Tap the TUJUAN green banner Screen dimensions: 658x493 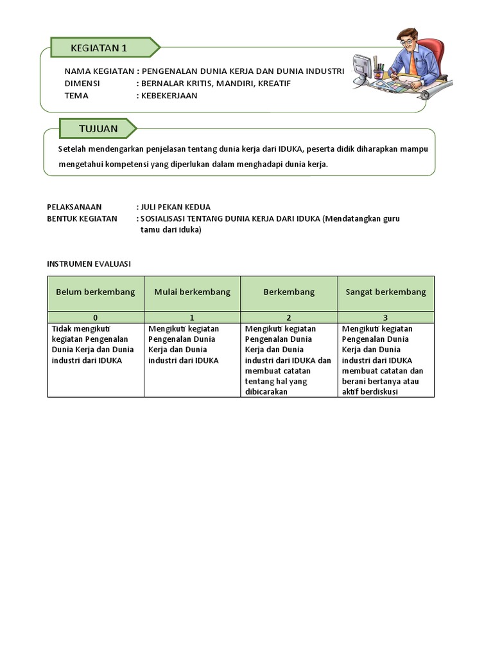[98, 129]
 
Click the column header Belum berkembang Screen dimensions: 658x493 [96, 292]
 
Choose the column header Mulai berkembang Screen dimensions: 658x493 [192, 292]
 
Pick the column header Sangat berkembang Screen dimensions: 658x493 [386, 292]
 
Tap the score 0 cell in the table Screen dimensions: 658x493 [96, 317]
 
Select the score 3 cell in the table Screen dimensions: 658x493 [385, 317]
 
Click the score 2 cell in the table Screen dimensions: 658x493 [289, 317]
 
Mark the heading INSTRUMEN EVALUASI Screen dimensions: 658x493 [89, 263]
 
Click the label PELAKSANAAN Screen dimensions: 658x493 [74, 207]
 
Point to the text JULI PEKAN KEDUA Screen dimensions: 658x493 [176, 207]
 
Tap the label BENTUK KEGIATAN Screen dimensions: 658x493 [82, 218]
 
